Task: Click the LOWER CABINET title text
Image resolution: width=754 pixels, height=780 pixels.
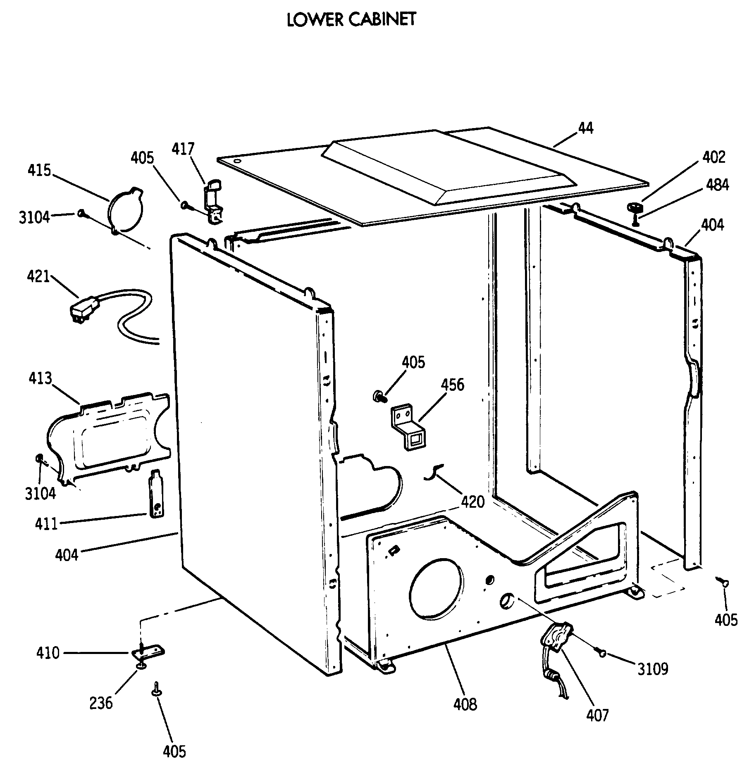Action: pos(351,19)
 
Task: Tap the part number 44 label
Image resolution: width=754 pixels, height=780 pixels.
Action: pos(586,128)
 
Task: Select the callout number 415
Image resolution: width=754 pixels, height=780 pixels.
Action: pos(39,170)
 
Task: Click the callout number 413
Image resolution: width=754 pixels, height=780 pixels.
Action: pos(41,378)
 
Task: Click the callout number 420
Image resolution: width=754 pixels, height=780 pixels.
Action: pos(472,502)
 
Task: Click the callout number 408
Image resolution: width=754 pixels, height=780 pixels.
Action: pos(465,704)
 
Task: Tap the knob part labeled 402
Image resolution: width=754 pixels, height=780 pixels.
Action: pos(634,207)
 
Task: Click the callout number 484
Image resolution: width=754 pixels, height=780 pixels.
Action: pos(717,185)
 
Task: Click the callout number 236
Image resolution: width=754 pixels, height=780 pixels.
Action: pos(101,702)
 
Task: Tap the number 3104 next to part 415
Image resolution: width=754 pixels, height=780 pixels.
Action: pos(34,217)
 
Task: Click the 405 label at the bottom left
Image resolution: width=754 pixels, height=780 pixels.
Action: pos(174,751)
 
